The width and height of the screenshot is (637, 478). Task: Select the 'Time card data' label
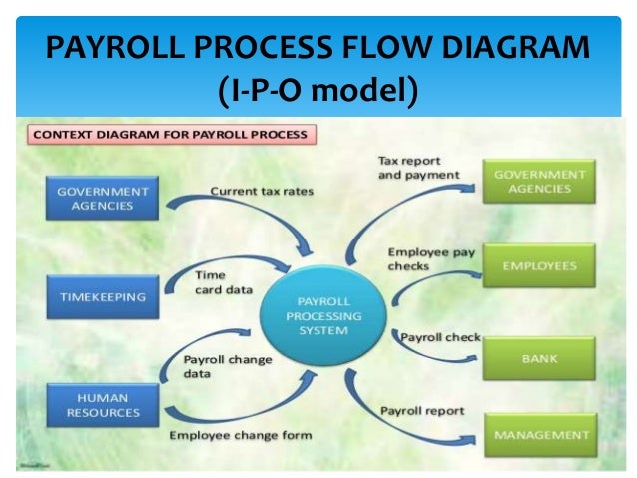211,282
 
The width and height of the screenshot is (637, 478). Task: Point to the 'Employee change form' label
240,435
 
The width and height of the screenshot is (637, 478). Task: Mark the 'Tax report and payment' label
417,167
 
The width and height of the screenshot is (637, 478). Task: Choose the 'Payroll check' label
440,337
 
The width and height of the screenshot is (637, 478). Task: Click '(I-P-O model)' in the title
317,90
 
